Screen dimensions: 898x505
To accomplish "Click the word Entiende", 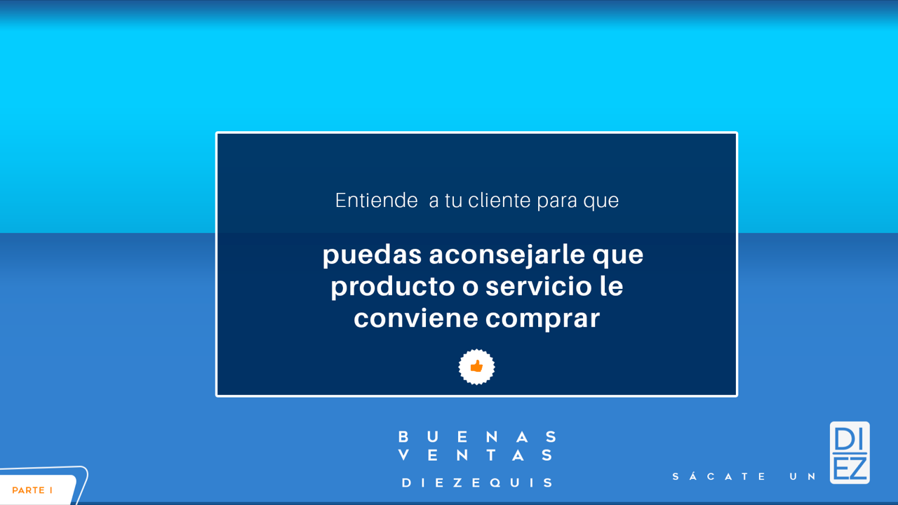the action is pos(377,200).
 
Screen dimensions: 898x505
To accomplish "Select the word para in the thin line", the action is pos(557,201).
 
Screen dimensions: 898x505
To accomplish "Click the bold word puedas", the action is pos(372,255).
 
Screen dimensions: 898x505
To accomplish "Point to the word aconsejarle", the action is pos(507,255).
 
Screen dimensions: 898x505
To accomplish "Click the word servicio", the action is pos(538,286).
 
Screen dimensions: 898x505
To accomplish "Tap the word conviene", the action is pos(416,318).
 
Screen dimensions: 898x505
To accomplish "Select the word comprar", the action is pos(542,319).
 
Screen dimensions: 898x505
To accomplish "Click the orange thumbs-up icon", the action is pos(476,366).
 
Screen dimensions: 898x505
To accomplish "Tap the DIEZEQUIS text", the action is pos(478,483).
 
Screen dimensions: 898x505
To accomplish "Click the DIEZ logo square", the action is pos(850,452).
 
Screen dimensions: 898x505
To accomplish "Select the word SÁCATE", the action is pos(719,476).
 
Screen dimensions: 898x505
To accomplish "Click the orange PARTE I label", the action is pos(32,490).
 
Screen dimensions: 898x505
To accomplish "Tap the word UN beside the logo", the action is pos(802,476).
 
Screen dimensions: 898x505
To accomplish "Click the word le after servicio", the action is pos(611,286).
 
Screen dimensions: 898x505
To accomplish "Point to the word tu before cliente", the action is pos(453,201).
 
